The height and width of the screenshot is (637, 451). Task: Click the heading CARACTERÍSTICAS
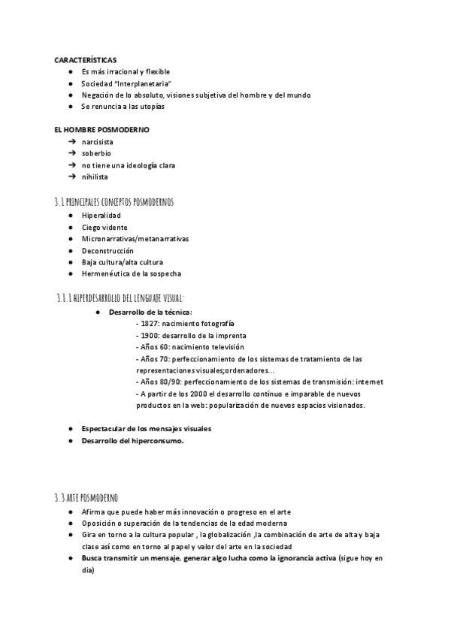pos(85,59)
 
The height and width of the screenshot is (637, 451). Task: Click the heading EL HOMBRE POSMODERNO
pos(101,130)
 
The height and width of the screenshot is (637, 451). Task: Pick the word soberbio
pos(96,153)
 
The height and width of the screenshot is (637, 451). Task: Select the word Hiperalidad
pos(101,216)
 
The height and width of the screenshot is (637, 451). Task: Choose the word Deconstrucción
pos(107,251)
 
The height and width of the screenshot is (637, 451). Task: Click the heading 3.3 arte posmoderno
pos(86,497)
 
